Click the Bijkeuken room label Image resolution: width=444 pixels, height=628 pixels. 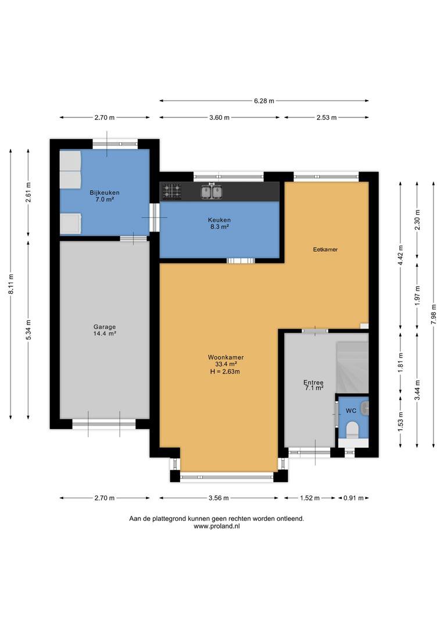pos(105,192)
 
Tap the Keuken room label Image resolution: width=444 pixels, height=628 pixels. pos(219,220)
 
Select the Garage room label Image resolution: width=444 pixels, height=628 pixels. pos(105,327)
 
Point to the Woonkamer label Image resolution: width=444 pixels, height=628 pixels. pos(226,357)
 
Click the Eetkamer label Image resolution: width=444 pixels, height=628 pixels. pos(325,249)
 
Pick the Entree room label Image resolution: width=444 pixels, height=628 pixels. pos(313,383)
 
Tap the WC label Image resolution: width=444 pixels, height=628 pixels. pos(351,411)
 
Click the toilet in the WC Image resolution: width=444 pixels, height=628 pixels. pos(353,430)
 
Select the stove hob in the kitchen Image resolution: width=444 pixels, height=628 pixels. pos(172,191)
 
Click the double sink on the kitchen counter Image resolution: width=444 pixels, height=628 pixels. pos(211,191)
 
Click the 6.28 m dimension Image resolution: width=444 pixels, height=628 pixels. pos(264,101)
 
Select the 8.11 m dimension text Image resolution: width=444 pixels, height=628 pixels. pos(11,284)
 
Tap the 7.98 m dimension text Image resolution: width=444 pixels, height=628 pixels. pos(434,315)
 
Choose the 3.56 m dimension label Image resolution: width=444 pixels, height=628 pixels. pos(219,498)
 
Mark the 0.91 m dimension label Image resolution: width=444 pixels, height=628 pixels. pos(353,498)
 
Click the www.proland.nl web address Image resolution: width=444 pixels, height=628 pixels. pos(217,526)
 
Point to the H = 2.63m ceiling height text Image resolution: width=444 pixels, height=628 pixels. pos(225,371)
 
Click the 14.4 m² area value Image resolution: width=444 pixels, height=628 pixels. pos(105,333)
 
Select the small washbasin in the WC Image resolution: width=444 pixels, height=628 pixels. pos(364,408)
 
